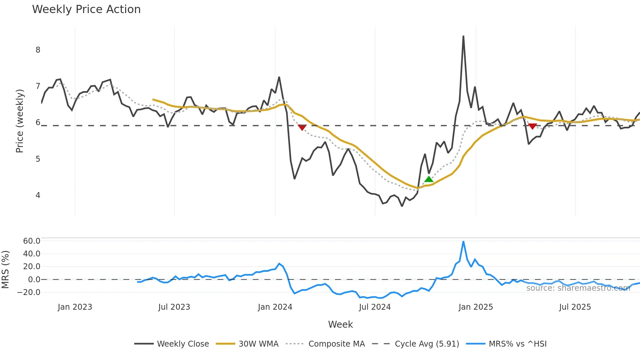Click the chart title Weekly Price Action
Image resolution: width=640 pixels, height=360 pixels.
tap(86, 9)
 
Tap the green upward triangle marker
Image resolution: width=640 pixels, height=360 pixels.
tap(429, 179)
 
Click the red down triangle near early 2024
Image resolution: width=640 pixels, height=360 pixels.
tap(302, 127)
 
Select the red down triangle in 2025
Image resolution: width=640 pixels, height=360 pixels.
tap(532, 126)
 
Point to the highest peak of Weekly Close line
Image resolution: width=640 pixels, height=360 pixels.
tap(463, 36)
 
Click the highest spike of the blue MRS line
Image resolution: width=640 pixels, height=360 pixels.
tap(463, 242)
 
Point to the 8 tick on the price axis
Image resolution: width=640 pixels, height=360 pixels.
tap(38, 50)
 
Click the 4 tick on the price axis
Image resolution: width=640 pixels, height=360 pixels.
tap(38, 195)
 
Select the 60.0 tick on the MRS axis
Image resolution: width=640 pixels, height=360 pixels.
tap(32, 241)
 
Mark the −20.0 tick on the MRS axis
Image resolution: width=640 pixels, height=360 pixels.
tap(29, 292)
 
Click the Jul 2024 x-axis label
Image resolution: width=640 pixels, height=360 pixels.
tap(375, 307)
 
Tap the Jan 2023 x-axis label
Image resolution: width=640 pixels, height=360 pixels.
tap(75, 307)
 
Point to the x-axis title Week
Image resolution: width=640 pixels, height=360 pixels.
tap(340, 324)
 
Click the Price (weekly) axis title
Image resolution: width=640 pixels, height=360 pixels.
tap(20, 121)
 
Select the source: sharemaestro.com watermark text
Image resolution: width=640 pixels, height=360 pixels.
tap(578, 288)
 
